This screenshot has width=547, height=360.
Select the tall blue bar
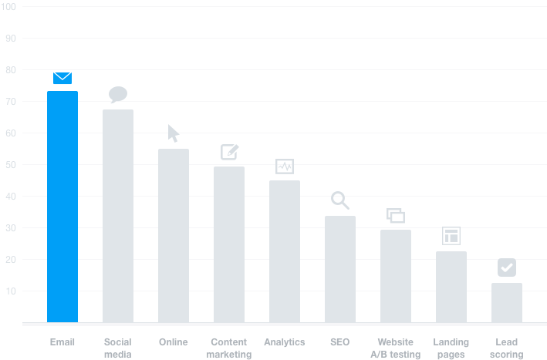(x=75, y=208)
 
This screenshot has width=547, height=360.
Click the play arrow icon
(x=173, y=133)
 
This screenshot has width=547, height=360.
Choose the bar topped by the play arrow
(x=186, y=231)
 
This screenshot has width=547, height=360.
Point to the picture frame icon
(x=228, y=151)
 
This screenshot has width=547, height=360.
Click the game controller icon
(x=284, y=167)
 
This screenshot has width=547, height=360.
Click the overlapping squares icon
(x=394, y=216)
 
